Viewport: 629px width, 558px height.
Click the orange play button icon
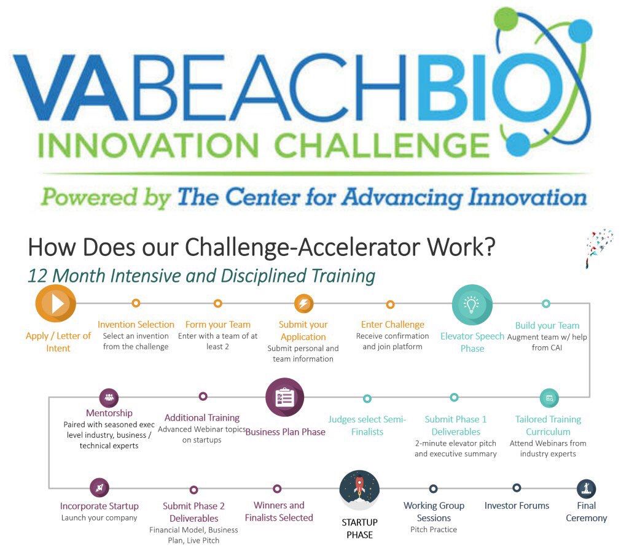(x=56, y=303)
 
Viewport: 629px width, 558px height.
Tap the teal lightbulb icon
(x=472, y=304)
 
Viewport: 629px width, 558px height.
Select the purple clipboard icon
(x=284, y=397)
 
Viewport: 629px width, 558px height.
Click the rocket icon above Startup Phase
(x=359, y=490)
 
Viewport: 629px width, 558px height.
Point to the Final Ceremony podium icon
(x=586, y=489)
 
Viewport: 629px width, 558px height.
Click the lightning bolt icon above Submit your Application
(x=303, y=303)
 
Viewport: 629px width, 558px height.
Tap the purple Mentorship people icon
(x=109, y=397)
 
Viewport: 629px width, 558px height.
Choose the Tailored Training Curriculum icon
(x=549, y=398)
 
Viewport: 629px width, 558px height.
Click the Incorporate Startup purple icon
(x=99, y=488)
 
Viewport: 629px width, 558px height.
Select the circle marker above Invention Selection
(x=136, y=303)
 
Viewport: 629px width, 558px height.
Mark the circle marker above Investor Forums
(x=517, y=488)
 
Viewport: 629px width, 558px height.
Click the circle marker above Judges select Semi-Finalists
(x=367, y=398)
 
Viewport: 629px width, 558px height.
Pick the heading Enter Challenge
(x=393, y=324)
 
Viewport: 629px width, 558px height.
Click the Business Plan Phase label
(x=286, y=432)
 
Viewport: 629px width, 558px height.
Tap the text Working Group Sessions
(x=434, y=512)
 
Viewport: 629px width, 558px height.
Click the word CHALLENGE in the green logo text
(x=381, y=145)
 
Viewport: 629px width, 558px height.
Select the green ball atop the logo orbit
(x=506, y=19)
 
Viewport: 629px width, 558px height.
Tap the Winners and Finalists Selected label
(x=279, y=511)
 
